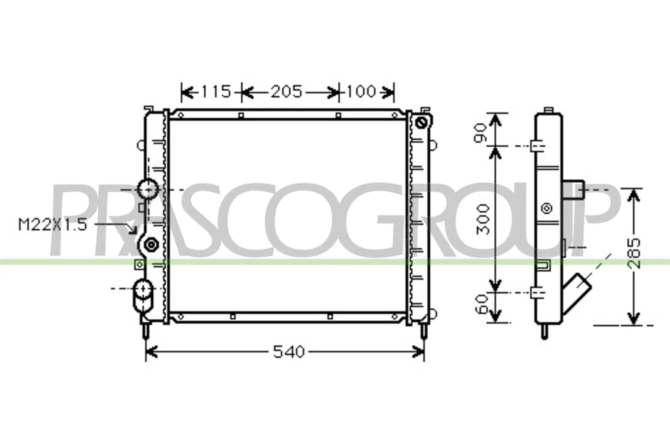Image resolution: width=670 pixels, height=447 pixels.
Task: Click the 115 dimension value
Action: coord(216,92)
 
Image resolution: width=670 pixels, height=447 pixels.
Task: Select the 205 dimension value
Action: coord(286,92)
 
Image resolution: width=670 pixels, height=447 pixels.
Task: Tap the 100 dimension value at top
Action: coord(362,91)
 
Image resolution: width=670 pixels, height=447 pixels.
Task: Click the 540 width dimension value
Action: coord(289,352)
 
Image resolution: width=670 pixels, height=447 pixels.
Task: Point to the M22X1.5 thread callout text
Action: coord(53,225)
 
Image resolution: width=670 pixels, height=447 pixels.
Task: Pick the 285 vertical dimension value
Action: coord(634,254)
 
